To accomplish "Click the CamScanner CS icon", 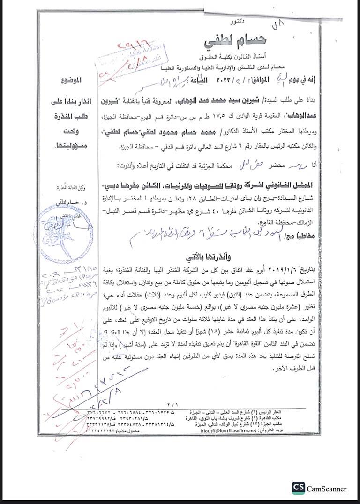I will [298, 488].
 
